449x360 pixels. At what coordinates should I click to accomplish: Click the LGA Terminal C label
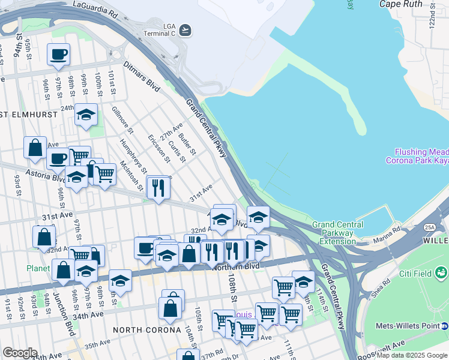pyautogui.click(x=160, y=29)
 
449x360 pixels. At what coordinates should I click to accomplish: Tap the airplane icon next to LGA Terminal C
pyautogui.click(x=185, y=29)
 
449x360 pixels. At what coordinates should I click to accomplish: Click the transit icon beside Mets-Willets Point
pyautogui.click(x=444, y=327)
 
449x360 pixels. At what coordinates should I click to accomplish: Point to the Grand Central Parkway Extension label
pyautogui.click(x=337, y=233)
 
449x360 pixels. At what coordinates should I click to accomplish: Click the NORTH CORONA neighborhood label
pyautogui.click(x=147, y=330)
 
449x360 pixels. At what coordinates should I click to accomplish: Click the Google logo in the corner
pyautogui.click(x=20, y=353)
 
